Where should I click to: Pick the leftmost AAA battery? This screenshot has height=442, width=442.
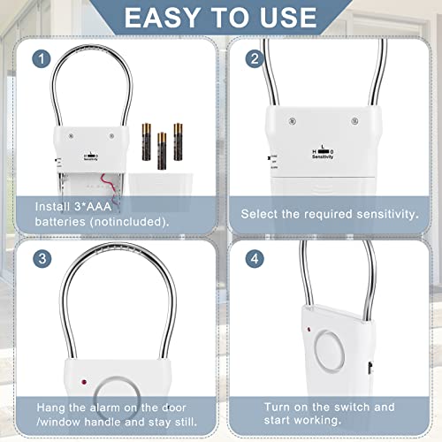pos(146,140)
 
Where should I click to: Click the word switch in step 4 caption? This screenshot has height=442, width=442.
pos(349,406)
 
